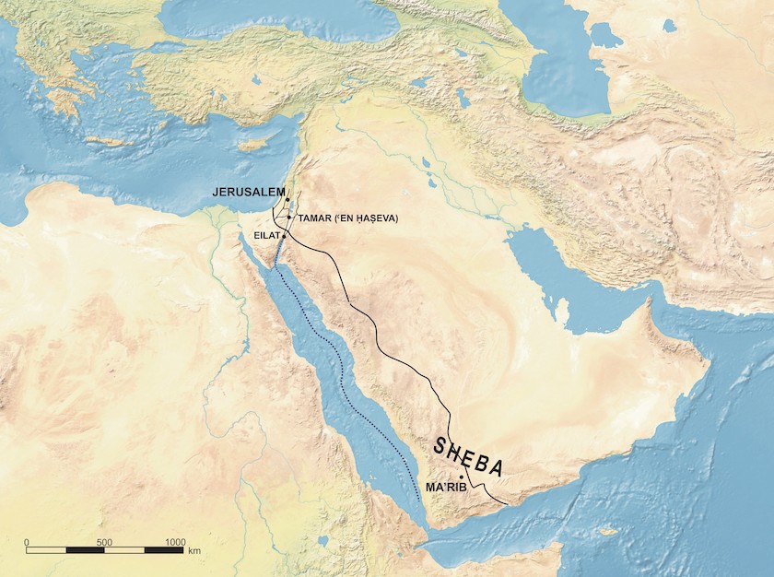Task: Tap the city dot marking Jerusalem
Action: point(287,199)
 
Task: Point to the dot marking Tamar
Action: point(290,218)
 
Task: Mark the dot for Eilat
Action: point(285,236)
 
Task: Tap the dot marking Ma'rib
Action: point(461,477)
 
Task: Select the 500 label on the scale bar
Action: point(104,541)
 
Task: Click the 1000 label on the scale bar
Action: point(174,541)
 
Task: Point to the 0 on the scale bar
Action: point(27,541)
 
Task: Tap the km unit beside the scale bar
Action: point(194,550)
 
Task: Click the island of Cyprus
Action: point(251,145)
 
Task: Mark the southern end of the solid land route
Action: point(505,504)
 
